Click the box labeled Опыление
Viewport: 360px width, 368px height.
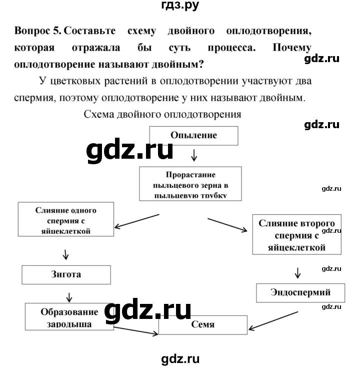point(193,135)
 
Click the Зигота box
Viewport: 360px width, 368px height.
point(65,275)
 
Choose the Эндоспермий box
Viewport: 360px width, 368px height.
point(293,292)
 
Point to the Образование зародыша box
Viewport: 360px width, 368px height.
point(69,317)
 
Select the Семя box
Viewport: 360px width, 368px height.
point(202,324)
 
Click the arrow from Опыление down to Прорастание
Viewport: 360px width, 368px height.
point(193,156)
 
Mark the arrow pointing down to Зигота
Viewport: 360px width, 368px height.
point(65,254)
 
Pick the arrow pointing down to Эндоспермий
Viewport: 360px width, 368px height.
point(297,272)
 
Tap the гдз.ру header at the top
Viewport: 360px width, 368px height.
point(180,7)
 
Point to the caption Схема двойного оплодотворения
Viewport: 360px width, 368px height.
point(162,114)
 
